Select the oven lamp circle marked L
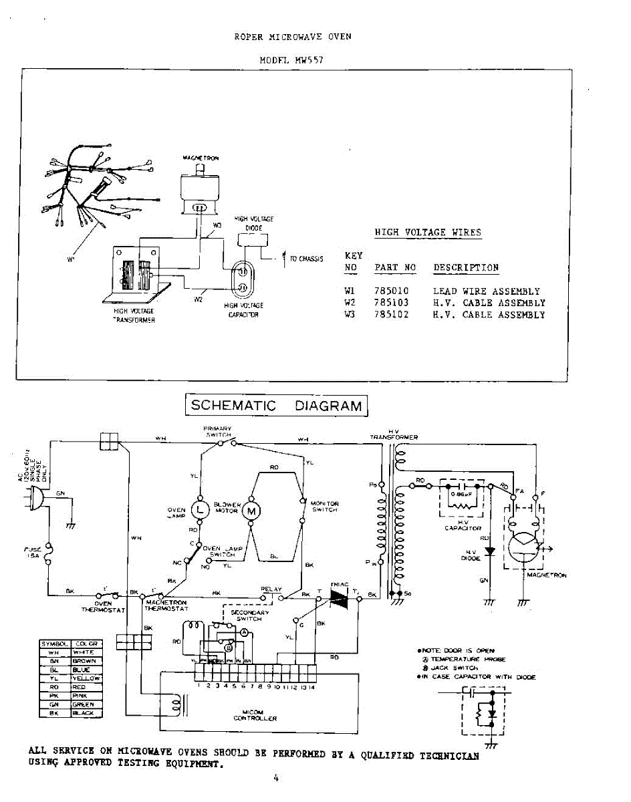(200, 509)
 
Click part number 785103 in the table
(392, 303)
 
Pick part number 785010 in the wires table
(392, 291)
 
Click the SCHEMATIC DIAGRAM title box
(276, 405)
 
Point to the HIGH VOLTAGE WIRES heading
(428, 233)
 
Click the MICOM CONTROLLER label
(255, 715)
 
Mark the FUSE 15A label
(32, 552)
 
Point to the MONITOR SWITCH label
(325, 507)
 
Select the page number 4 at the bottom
(275, 777)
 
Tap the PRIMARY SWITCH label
(218, 431)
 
